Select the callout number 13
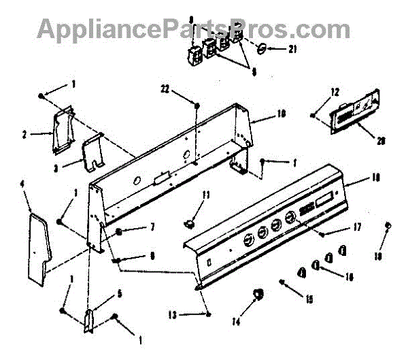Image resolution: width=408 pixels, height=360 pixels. pos(173,314)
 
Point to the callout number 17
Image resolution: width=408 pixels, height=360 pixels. pos(356,227)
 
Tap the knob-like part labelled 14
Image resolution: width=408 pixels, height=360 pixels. pos(257,293)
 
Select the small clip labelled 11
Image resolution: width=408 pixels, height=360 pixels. pos(190,222)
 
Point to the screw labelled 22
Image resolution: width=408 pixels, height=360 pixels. pos(197,105)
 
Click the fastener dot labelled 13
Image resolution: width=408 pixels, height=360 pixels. pos(207,314)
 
